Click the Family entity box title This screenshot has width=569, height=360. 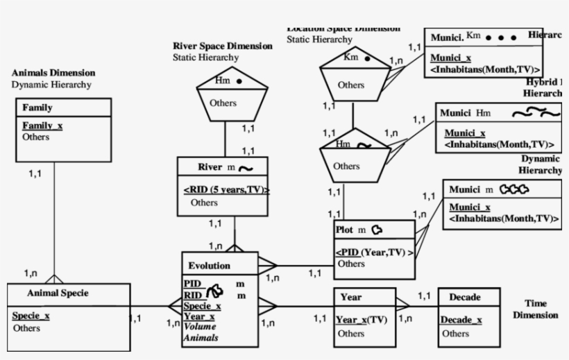click(x=37, y=108)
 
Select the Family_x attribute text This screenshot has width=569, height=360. click(x=42, y=126)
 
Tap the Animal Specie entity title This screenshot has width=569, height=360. click(x=58, y=293)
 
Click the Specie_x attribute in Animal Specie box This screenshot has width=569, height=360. click(x=31, y=316)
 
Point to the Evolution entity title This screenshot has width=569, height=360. click(x=209, y=266)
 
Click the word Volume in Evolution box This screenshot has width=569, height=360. click(x=200, y=327)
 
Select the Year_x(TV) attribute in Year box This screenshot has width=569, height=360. click(x=362, y=320)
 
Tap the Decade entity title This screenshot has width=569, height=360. click(x=464, y=297)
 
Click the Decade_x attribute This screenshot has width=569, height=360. click(x=461, y=320)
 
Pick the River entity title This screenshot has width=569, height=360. click(x=210, y=167)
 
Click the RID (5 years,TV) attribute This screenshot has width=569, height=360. click(x=226, y=189)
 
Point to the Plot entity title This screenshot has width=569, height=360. click(x=345, y=230)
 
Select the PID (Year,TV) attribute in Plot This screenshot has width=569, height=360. click(x=374, y=252)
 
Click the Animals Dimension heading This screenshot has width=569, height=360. click(x=53, y=73)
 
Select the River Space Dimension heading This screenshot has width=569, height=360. click(x=222, y=46)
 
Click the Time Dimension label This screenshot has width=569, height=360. click(x=535, y=309)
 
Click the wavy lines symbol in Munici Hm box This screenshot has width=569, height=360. click(x=536, y=112)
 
